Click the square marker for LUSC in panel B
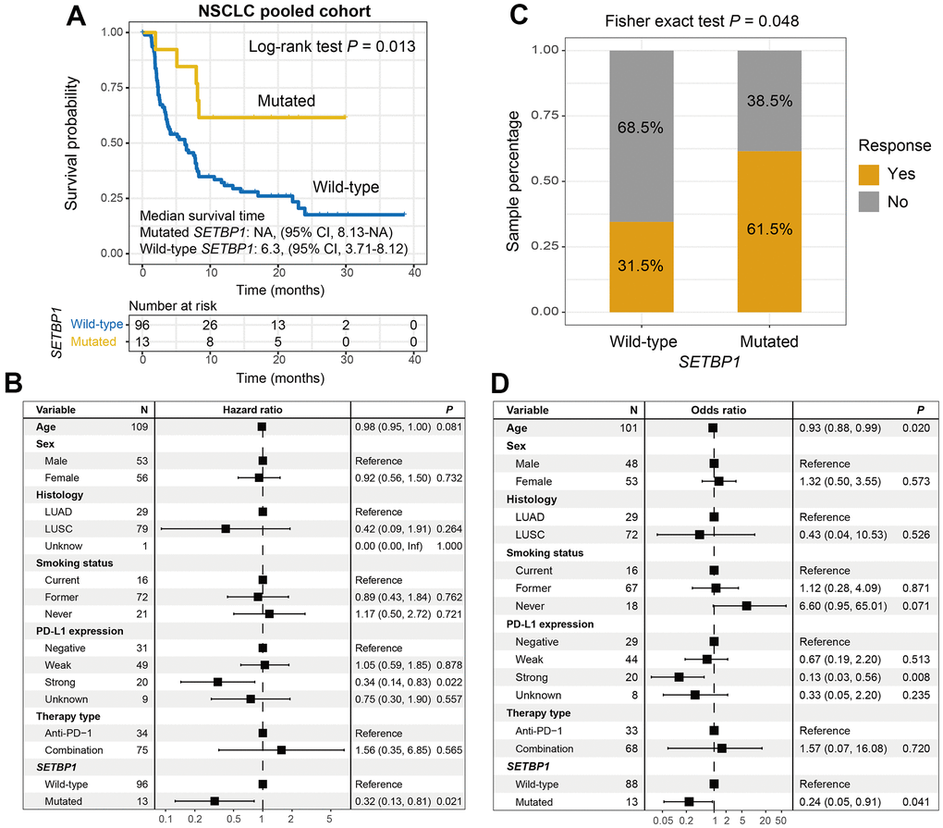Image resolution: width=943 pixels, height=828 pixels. (225, 528)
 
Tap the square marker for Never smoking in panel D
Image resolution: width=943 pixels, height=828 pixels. (747, 606)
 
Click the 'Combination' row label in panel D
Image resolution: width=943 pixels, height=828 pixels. (546, 748)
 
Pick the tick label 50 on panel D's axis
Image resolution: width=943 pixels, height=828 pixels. (781, 820)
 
